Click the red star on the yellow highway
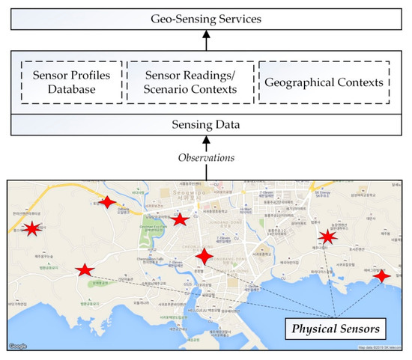click(x=109, y=201)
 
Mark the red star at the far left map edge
click(x=31, y=228)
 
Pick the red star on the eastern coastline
click(x=382, y=275)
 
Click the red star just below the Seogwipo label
click(x=180, y=219)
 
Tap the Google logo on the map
click(x=19, y=347)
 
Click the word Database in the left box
click(x=73, y=90)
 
